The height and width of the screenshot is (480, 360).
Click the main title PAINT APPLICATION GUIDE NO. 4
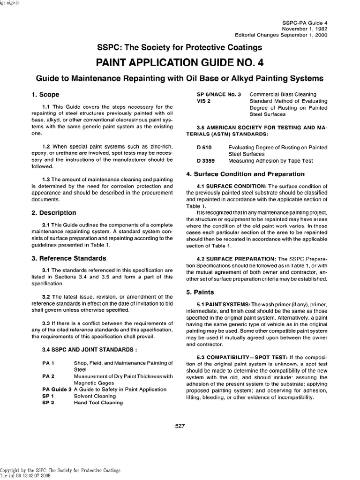(180, 62)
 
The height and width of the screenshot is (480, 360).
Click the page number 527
(180, 426)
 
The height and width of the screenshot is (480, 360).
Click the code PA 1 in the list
(48, 363)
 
